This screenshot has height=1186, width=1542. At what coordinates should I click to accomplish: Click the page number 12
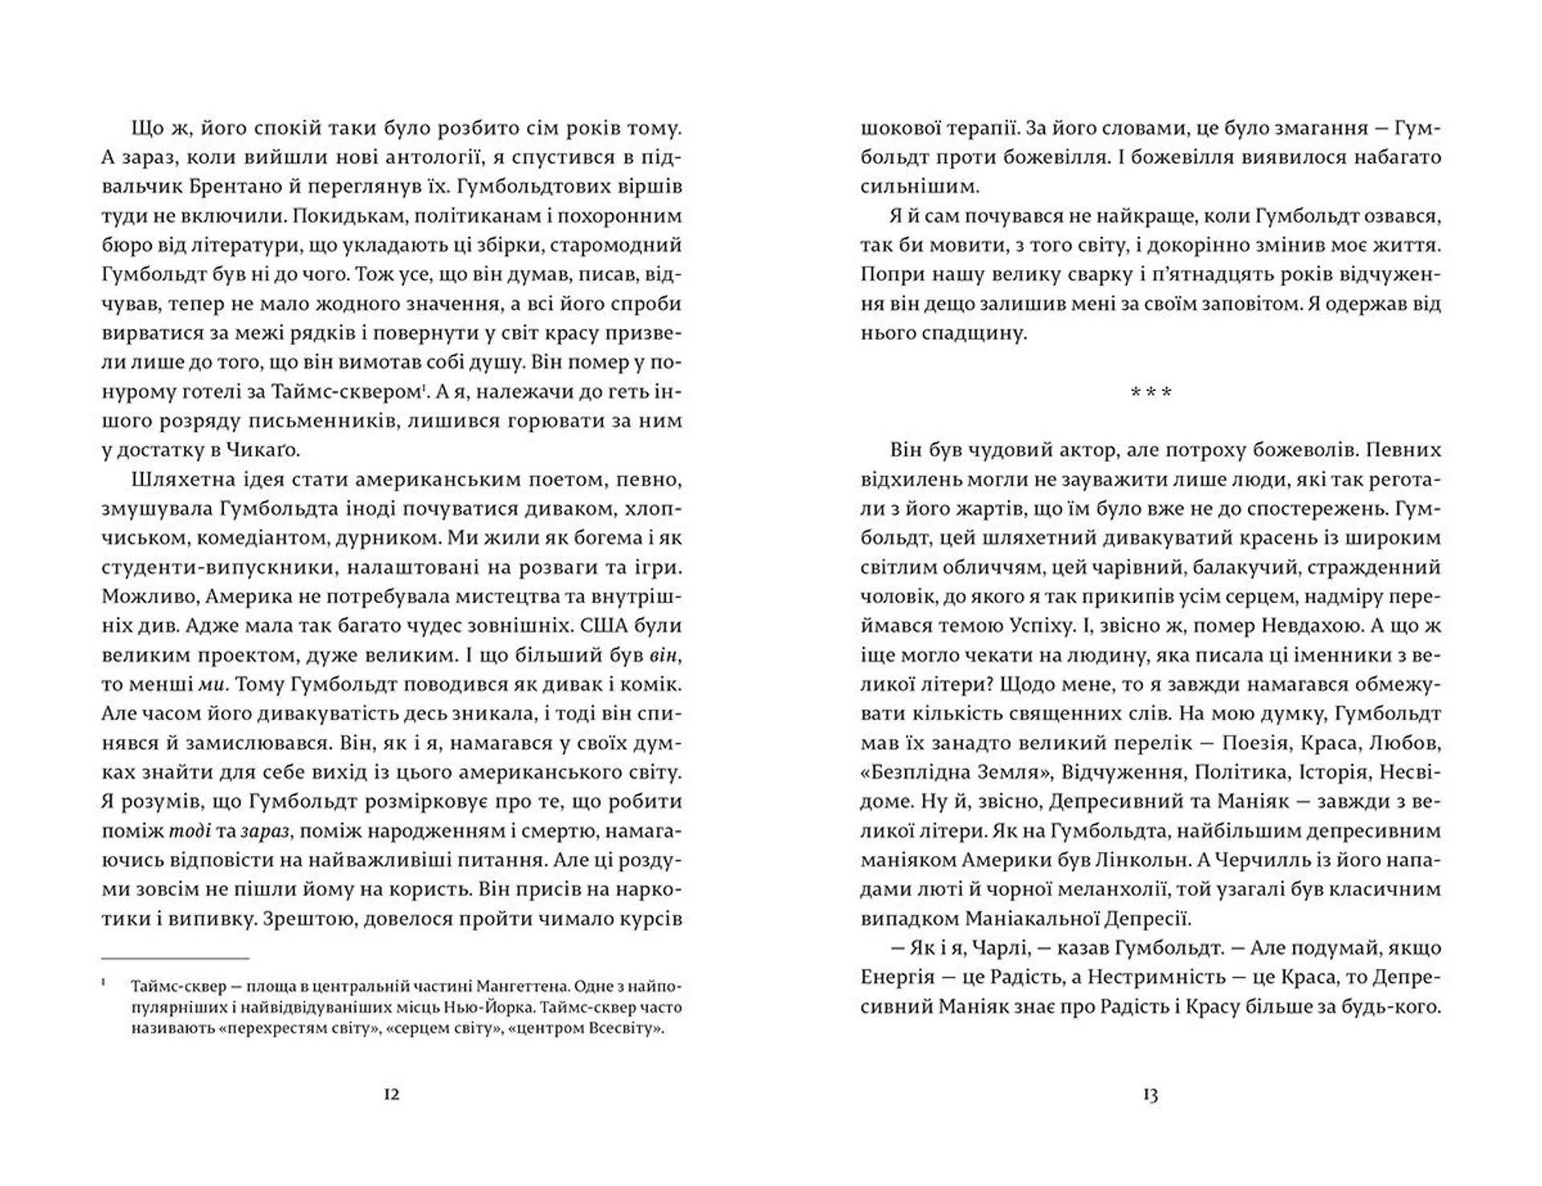392,1094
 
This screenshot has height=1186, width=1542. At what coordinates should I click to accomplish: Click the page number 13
1150,1094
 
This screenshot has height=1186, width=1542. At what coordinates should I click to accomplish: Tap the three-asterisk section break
1150,393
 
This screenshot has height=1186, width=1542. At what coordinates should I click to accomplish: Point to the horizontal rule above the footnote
175,958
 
